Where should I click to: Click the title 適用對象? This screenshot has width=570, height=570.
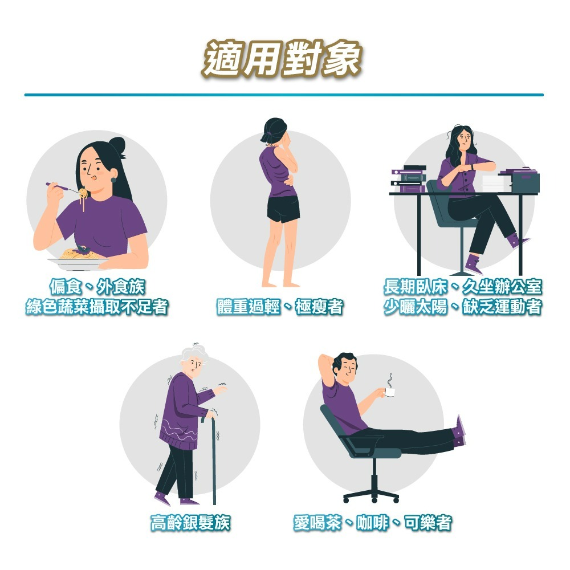click(283, 58)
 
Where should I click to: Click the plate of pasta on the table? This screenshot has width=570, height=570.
click(78, 256)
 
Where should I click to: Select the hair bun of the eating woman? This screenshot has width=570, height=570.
click(118, 147)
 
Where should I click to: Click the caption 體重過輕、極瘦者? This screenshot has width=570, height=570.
click(280, 308)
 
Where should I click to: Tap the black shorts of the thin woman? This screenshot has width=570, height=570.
click(283, 209)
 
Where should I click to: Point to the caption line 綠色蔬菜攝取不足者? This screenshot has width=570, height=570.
click(97, 308)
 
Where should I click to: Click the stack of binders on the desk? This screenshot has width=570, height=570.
click(408, 179)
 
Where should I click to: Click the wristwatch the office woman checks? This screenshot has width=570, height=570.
click(472, 166)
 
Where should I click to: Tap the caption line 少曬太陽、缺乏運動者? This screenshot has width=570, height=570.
click(462, 308)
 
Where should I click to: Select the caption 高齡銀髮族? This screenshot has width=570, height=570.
click(190, 522)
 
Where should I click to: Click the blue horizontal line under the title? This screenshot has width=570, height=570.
click(283, 95)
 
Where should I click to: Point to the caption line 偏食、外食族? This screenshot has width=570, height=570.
click(97, 287)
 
